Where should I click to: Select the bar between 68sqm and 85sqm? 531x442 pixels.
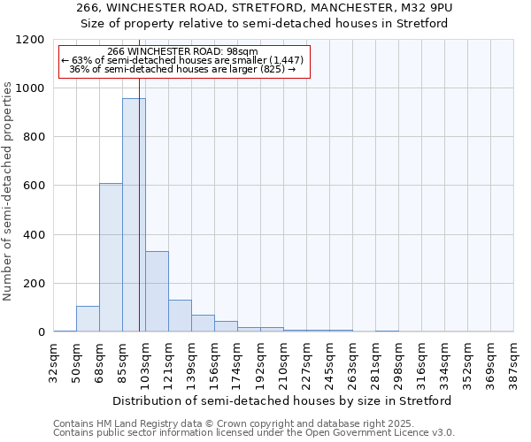tap(111, 257)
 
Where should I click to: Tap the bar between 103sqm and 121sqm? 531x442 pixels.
tap(157, 292)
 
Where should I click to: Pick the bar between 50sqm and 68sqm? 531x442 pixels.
tap(88, 319)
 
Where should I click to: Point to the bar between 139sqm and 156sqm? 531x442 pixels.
tap(203, 324)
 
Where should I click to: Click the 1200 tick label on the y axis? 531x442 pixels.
tap(30, 40)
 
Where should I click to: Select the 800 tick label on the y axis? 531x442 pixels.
tap(34, 137)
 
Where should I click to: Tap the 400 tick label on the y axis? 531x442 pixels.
tap(34, 235)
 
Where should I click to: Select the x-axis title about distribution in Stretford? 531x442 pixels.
tap(283, 400)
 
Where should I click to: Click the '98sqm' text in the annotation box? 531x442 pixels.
tap(242, 51)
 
